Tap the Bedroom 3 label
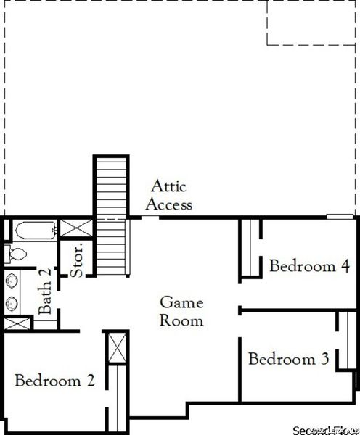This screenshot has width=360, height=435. tap(289, 358)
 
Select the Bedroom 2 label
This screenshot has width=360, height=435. tap(55, 380)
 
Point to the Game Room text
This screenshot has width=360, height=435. tap(181, 311)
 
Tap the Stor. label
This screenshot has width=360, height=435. tap(78, 259)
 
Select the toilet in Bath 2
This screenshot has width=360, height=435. tap(16, 253)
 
